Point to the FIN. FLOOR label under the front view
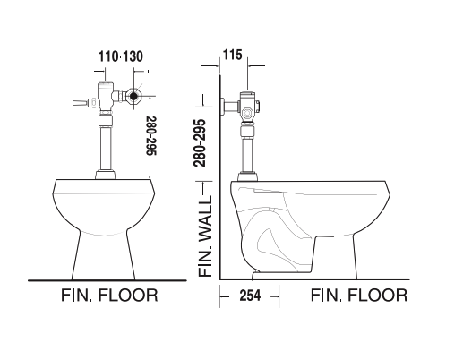pos(109,295)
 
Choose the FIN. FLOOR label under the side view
pos(358,295)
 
